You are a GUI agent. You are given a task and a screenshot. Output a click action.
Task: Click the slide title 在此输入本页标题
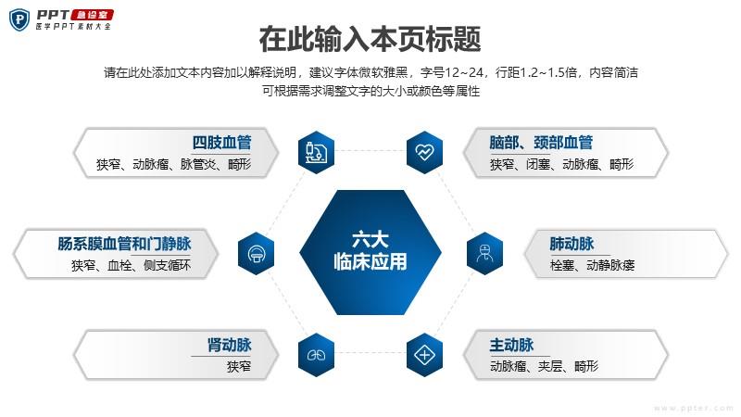coord(370,39)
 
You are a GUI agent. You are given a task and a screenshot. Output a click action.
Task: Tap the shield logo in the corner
coord(19,19)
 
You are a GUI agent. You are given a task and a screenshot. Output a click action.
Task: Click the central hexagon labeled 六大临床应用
coord(370,252)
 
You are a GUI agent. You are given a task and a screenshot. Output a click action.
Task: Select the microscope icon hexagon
coord(316,152)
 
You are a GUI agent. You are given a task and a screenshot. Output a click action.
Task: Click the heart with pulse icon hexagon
coord(424,152)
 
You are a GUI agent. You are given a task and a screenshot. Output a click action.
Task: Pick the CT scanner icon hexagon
coord(257,253)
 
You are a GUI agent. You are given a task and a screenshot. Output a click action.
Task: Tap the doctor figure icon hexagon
coord(484,253)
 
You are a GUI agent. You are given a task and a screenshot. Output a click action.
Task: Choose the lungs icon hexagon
coord(316,355)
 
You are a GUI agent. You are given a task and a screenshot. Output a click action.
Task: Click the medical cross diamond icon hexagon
coord(424,355)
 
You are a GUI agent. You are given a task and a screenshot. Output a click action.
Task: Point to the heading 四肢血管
coord(221,143)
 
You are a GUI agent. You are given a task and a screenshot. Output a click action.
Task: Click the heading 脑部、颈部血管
coord(541,143)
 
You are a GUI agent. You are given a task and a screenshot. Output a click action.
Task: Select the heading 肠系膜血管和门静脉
coord(124,244)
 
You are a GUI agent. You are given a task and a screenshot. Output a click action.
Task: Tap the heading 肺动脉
coord(571,244)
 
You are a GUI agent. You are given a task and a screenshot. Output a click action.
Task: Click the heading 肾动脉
coord(229,345)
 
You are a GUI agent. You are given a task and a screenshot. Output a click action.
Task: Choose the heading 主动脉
coord(512,345)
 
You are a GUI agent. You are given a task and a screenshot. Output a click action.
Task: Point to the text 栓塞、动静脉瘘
coord(592,265)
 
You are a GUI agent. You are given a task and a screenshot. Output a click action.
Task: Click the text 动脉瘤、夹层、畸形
coord(545,366)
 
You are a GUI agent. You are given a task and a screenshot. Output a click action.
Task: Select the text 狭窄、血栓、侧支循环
coord(131,265)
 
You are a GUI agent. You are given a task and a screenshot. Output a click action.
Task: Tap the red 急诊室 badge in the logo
coord(92,15)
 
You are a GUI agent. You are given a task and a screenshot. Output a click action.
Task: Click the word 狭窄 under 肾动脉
coord(239,366)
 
